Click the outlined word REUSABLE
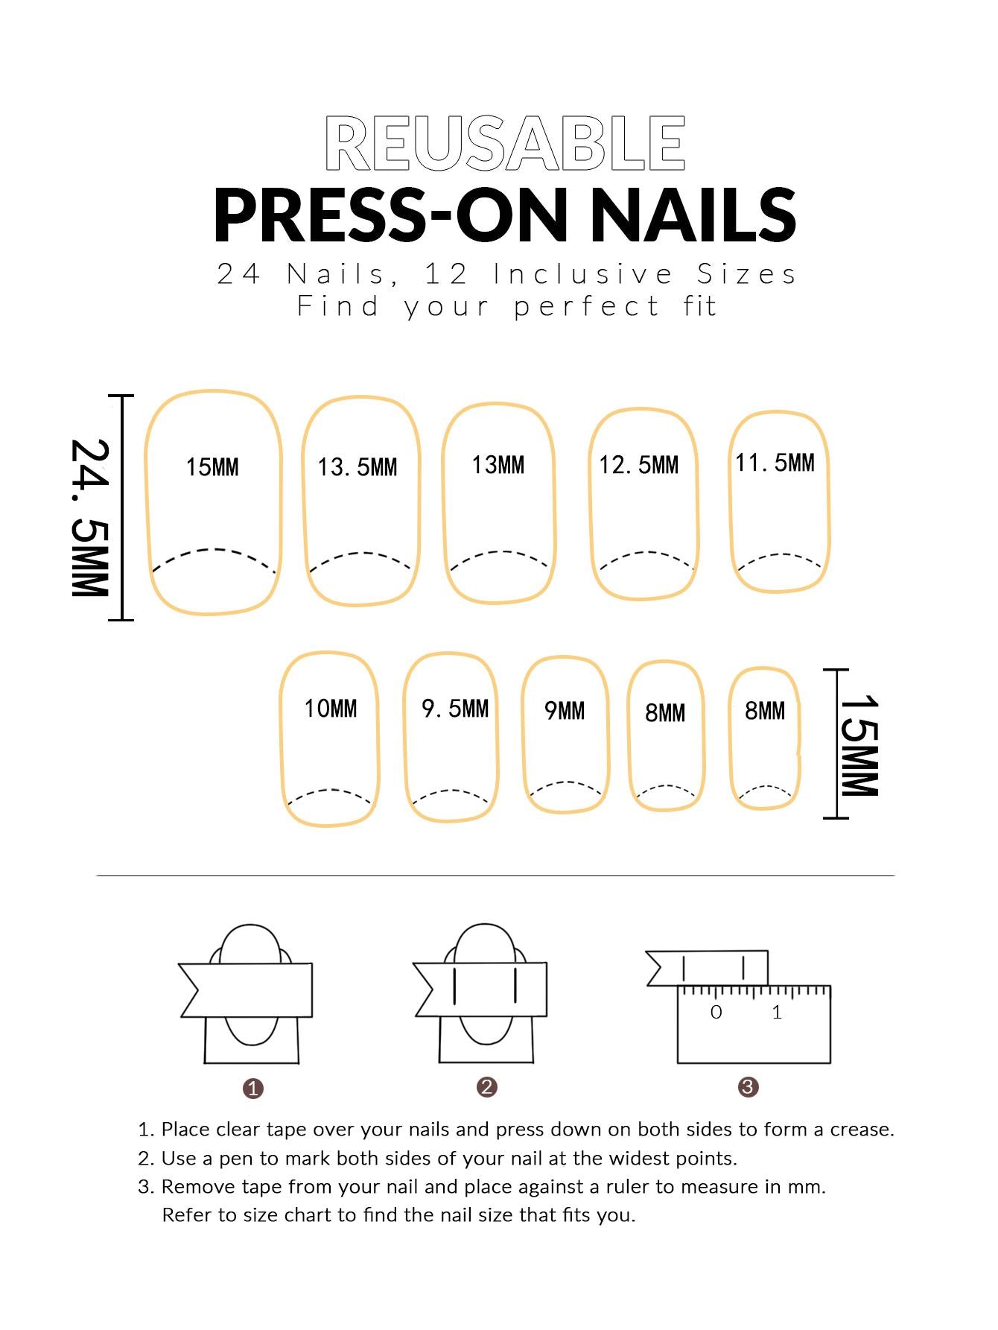coord(505,143)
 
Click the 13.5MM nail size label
coord(357,467)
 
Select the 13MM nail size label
coord(498,465)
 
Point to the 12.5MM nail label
coord(639,465)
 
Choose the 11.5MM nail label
coord(775,463)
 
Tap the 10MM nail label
coord(331,708)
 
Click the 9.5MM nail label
coord(455,708)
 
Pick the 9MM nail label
coord(565,711)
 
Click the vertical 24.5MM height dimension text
coord(91,517)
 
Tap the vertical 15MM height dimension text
coord(859,746)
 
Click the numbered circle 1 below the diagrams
coord(253,1089)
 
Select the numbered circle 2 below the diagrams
coord(487,1087)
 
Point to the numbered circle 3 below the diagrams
coord(748,1087)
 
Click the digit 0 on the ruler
coord(716,1012)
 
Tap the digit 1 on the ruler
coord(778,1012)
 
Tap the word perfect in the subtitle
coord(587,306)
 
